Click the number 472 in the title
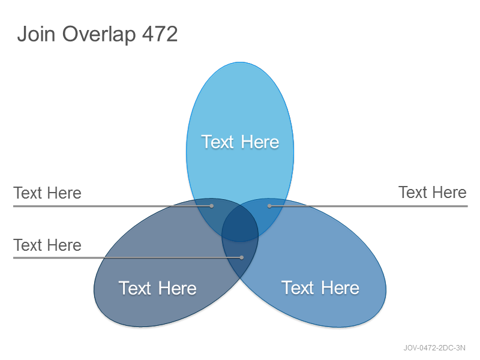click(x=160, y=34)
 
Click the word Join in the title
click(x=36, y=34)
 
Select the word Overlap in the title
click(x=99, y=35)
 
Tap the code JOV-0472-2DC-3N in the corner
click(x=434, y=348)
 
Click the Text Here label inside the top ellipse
click(x=240, y=142)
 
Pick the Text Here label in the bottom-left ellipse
click(x=157, y=288)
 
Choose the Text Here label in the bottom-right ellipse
click(x=320, y=288)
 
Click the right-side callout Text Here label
click(x=432, y=192)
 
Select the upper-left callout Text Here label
click(x=47, y=193)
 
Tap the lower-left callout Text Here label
click(x=47, y=245)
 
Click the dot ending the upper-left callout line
click(x=212, y=206)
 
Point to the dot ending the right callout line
click(x=269, y=206)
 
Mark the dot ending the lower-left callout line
click(x=242, y=257)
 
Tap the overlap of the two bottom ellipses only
click(x=241, y=257)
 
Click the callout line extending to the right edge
click(x=368, y=206)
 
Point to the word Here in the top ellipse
click(x=260, y=142)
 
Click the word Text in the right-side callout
click(x=412, y=192)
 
